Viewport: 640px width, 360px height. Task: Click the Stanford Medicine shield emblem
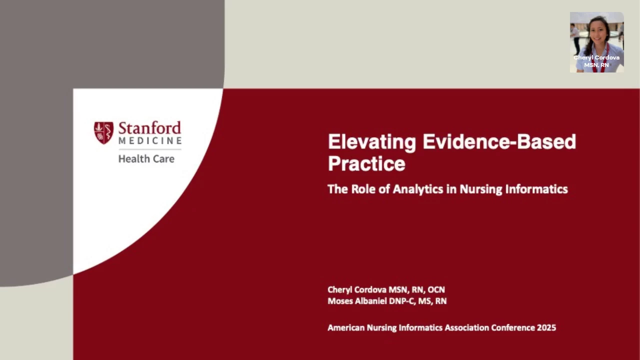(103, 133)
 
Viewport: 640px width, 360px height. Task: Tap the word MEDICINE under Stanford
(150, 140)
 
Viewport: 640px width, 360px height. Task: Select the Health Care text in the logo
(146, 159)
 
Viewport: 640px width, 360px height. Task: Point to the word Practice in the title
(366, 163)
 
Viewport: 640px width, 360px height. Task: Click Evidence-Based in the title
(499, 141)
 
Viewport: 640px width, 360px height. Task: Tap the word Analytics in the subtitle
(417, 189)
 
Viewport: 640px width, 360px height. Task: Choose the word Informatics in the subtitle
(536, 189)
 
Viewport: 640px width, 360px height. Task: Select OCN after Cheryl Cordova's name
(436, 289)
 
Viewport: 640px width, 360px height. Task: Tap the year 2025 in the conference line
(546, 327)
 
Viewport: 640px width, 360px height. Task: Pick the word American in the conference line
(346, 327)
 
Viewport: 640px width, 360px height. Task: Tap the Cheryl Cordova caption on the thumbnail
(596, 57)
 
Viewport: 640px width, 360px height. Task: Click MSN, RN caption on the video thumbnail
(596, 65)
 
